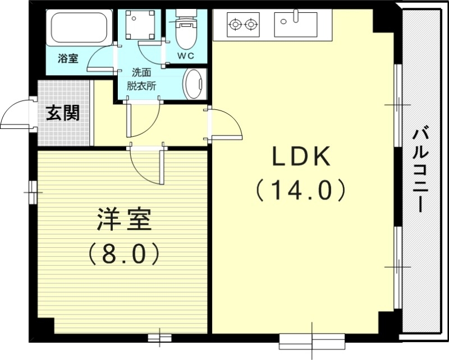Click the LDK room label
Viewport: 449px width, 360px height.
click(x=300, y=158)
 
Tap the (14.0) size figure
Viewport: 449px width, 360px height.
click(x=300, y=191)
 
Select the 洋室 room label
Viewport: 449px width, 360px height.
click(x=125, y=220)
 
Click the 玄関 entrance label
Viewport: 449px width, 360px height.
click(x=62, y=113)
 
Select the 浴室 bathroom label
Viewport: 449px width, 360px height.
click(x=68, y=58)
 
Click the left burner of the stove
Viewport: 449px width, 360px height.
click(x=235, y=24)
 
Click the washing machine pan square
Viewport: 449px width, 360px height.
click(x=138, y=23)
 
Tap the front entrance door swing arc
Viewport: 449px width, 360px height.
click(x=16, y=115)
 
